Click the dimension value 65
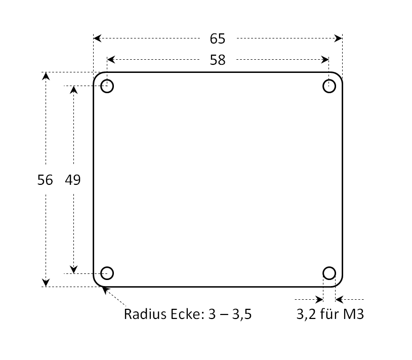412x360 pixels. (x=217, y=38)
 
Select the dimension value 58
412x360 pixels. (x=218, y=60)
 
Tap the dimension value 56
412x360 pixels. (x=45, y=180)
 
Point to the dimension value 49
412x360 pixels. (x=72, y=180)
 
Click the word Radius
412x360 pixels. (x=145, y=314)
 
